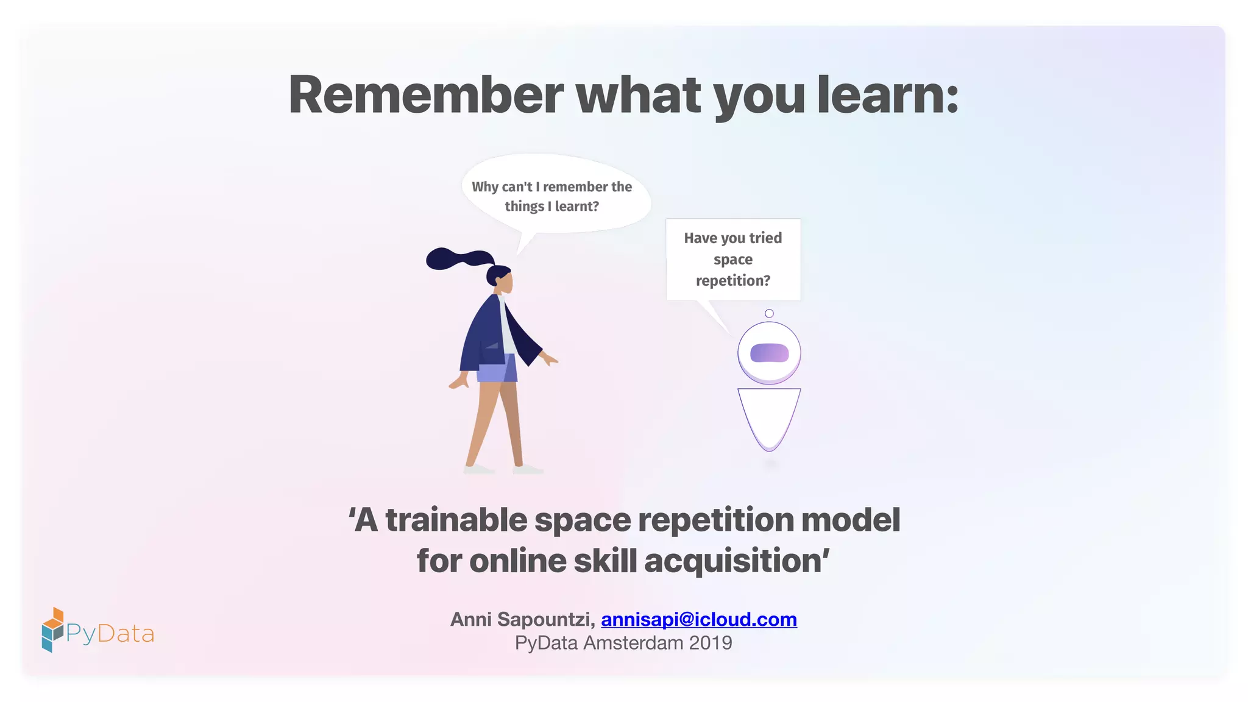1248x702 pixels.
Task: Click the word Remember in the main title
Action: click(x=426, y=95)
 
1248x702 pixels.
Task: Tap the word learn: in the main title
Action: click(x=887, y=95)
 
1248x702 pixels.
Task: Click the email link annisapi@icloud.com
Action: click(x=699, y=619)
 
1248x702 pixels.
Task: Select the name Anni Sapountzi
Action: click(x=521, y=619)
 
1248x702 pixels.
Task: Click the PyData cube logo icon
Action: click(x=52, y=630)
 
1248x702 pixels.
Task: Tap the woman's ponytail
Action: click(x=454, y=258)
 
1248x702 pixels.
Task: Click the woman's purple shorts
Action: click(x=497, y=369)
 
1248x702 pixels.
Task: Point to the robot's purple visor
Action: click(x=769, y=353)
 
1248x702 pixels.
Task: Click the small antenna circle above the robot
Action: click(x=769, y=313)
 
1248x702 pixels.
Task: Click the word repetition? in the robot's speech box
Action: click(x=733, y=280)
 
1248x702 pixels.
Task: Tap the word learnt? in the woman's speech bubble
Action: click(x=577, y=207)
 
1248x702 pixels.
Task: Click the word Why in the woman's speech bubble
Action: click(x=485, y=187)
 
